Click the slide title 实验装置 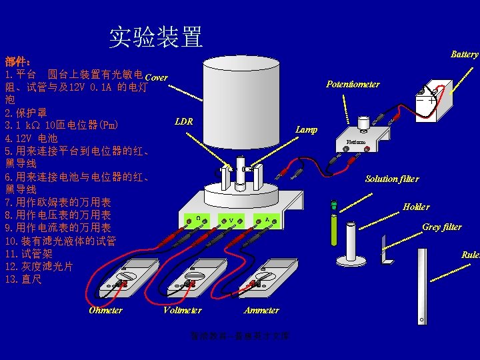click(x=156, y=37)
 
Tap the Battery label click(x=464, y=54)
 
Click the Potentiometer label click(x=353, y=84)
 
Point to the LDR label click(x=183, y=121)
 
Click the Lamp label click(x=307, y=129)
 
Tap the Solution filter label click(x=392, y=179)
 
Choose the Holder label click(x=416, y=207)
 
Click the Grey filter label click(x=441, y=227)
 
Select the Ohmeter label click(x=105, y=310)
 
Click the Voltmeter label click(x=183, y=310)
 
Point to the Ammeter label click(x=261, y=310)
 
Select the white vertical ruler click(x=420, y=287)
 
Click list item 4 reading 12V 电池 click(x=31, y=139)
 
